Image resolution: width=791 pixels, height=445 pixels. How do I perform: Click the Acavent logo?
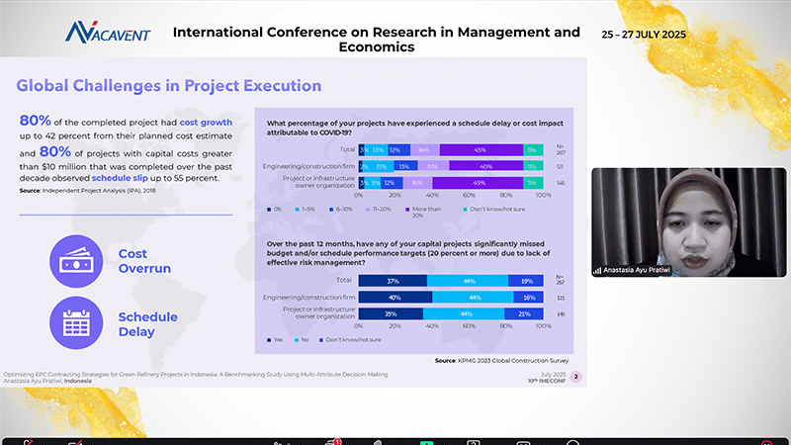[x=109, y=33]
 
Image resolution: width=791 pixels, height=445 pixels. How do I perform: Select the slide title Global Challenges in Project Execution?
[x=169, y=86]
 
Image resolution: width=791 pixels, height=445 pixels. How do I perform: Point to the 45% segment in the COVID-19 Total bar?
[x=481, y=149]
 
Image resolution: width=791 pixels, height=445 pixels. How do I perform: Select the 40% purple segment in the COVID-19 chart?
[x=484, y=166]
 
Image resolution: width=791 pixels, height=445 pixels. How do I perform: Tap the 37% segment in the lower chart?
[x=394, y=280]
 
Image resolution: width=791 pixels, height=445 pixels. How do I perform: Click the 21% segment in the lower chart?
[x=524, y=313]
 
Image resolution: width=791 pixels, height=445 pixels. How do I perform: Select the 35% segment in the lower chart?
[x=391, y=313]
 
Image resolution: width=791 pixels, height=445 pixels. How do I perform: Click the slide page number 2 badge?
[x=576, y=376]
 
